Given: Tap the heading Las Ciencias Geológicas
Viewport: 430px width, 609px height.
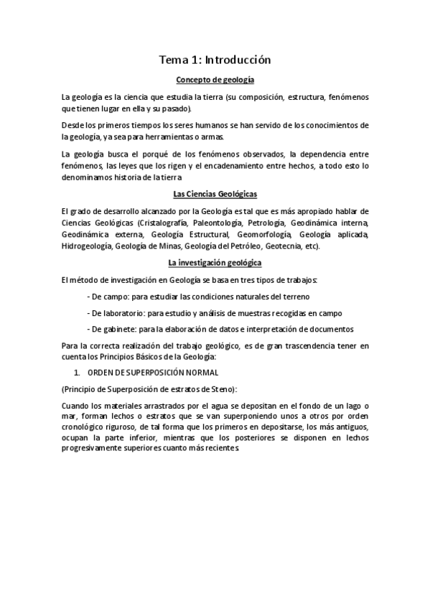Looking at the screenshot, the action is [x=215, y=194].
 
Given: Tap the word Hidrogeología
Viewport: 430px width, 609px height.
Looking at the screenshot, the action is [x=86, y=246].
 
